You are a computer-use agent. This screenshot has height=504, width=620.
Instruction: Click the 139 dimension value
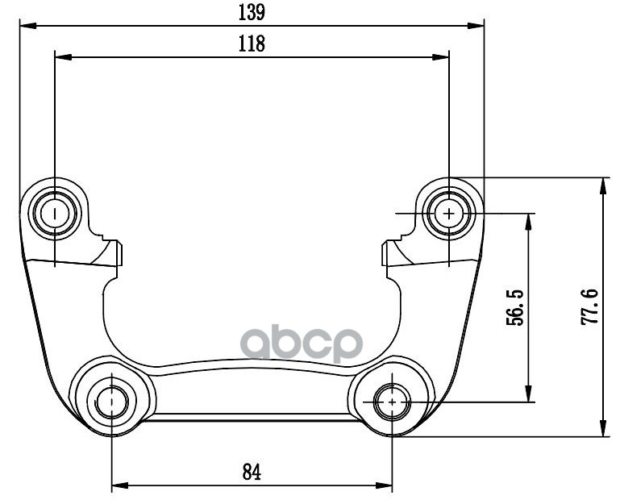coord(252,12)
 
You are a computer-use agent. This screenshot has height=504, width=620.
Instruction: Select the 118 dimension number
coord(252,44)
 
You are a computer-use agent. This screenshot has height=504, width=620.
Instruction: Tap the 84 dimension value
coord(252,472)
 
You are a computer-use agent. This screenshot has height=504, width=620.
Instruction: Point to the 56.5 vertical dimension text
coord(514,308)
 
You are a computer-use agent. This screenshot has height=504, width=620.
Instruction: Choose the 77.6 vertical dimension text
coord(589,307)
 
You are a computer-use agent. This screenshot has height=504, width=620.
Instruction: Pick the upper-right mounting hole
coord(449,214)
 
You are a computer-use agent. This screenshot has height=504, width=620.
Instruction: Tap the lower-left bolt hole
coord(112,402)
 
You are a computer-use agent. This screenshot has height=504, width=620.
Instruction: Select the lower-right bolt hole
coord(392,402)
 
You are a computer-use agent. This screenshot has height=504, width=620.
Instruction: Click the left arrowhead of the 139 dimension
coord(28,26)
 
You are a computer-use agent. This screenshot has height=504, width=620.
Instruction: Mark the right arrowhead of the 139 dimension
coord(476,26)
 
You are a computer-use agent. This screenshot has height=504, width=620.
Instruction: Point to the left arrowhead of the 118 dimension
coord(63,57)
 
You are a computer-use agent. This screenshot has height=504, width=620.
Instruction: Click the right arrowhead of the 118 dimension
coord(440,57)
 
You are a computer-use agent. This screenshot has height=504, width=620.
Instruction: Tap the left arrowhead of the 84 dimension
coord(121,485)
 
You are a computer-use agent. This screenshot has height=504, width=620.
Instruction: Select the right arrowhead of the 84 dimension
coord(384,485)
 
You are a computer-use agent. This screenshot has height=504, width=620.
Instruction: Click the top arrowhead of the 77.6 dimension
coord(602,186)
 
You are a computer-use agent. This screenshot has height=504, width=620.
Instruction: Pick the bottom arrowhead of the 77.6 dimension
coord(602,428)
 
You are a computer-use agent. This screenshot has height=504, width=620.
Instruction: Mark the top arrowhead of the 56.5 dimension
coord(527,222)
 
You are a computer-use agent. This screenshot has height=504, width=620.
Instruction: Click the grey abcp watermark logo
coord(302,344)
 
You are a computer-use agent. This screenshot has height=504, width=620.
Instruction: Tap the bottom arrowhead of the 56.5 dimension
coord(527,394)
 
